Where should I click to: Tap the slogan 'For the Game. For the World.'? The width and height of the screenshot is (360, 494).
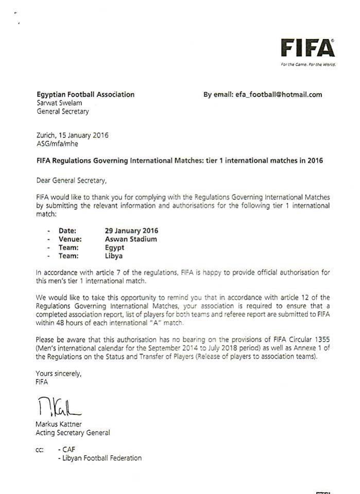308,65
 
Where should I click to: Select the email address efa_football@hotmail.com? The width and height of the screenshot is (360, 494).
278,95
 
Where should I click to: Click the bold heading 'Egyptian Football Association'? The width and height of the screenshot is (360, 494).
85,95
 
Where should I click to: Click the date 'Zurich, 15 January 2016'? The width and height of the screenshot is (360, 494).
72,136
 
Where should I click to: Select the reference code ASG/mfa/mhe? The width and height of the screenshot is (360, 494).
57,144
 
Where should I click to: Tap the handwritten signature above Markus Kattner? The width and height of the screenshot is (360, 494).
59,408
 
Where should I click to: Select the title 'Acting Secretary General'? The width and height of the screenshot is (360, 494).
73,433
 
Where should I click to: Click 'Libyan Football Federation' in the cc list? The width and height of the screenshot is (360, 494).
100,457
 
